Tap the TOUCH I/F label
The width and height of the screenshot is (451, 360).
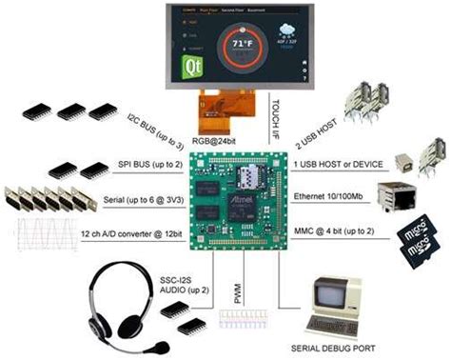[x=274, y=115]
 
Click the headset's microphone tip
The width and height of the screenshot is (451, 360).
[x=165, y=345]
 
